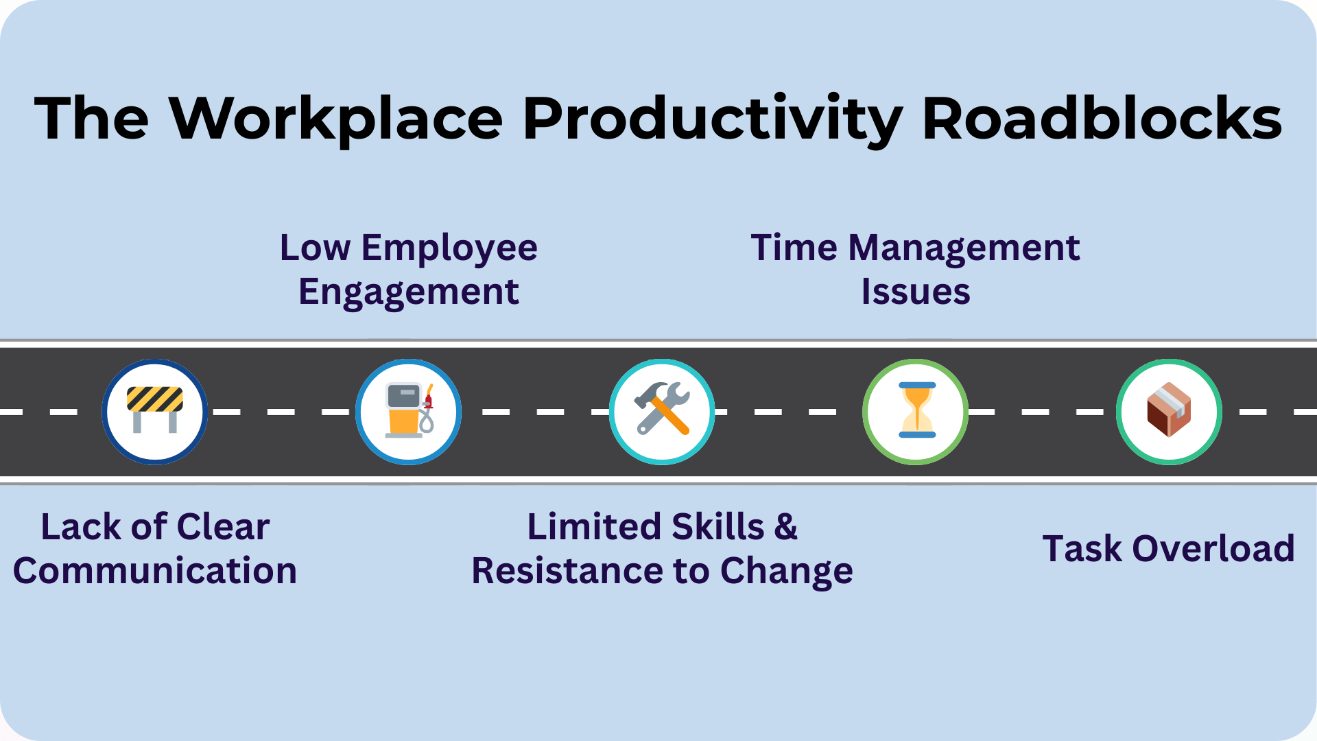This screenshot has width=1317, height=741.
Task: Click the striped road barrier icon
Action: tap(155, 410)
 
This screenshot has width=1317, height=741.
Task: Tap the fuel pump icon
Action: tap(409, 410)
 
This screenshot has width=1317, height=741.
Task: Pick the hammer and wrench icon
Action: tap(662, 410)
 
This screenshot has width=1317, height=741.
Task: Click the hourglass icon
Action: tap(916, 410)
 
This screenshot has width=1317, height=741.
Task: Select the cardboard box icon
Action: tap(1169, 410)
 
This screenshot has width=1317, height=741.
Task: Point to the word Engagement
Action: tap(409, 292)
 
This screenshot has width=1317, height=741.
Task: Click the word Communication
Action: tap(155, 571)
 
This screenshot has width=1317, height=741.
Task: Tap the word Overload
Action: tap(1213, 549)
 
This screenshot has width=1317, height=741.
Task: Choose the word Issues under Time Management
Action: tap(916, 292)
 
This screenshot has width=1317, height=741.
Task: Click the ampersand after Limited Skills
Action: tap(786, 527)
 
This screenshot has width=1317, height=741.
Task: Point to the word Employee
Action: tap(449, 248)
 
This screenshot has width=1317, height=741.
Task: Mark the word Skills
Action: tap(718, 527)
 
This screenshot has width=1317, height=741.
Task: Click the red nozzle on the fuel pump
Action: tap(429, 399)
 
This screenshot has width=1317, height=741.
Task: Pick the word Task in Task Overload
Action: tap(1082, 549)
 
